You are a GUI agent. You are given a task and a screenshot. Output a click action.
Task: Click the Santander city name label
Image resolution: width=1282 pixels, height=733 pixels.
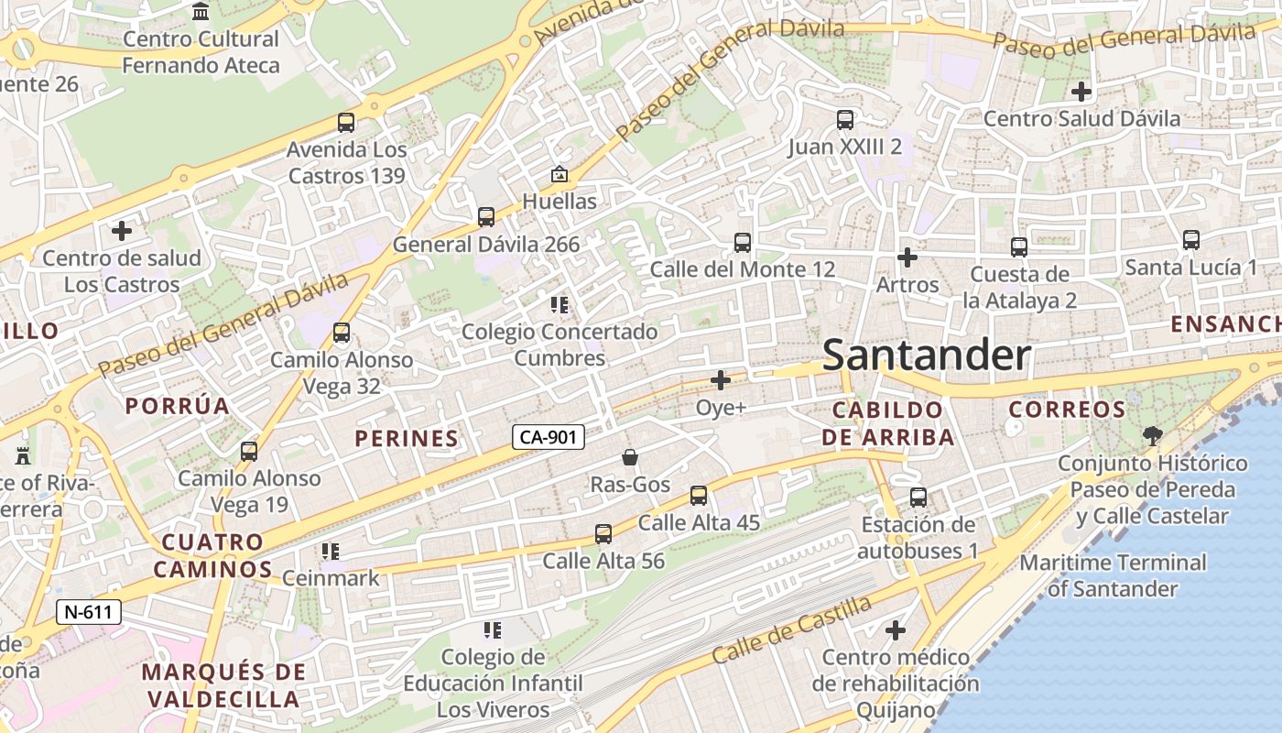click(926, 356)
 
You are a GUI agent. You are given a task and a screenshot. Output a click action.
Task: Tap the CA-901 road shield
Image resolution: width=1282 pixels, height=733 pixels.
click(548, 437)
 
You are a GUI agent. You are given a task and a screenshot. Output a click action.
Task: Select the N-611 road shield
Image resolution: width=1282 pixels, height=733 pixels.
click(89, 611)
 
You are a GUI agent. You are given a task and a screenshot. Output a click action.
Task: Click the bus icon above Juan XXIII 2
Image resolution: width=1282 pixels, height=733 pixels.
click(845, 119)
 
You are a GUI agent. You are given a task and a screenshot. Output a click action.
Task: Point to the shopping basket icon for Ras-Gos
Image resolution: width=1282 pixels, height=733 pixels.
click(630, 456)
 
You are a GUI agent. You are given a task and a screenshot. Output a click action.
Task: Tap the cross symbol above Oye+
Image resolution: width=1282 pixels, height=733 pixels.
click(721, 379)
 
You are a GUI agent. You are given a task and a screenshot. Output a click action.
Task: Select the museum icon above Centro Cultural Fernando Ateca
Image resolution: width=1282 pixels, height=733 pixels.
click(201, 11)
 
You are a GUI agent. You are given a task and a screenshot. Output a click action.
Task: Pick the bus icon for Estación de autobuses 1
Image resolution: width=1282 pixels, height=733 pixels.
click(918, 498)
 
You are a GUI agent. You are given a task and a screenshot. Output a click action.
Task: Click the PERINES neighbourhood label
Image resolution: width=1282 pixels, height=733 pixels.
click(407, 439)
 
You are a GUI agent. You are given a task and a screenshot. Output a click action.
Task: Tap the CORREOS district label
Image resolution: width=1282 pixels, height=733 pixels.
click(1067, 409)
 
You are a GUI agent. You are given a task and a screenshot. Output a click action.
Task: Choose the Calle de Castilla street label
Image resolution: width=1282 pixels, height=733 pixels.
click(792, 630)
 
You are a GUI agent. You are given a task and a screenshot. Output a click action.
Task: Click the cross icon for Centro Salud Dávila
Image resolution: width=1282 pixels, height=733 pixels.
click(1081, 91)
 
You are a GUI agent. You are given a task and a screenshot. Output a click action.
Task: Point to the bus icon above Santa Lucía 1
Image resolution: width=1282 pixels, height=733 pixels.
click(1190, 240)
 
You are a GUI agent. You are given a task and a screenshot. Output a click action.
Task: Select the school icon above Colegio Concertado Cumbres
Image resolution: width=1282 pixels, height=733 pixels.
click(560, 304)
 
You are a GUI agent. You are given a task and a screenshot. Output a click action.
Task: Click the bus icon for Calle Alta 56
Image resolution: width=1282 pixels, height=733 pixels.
click(603, 533)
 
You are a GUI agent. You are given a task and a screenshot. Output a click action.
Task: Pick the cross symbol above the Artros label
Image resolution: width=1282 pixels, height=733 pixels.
click(907, 257)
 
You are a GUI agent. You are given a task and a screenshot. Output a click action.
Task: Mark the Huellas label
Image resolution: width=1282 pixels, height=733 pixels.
click(559, 201)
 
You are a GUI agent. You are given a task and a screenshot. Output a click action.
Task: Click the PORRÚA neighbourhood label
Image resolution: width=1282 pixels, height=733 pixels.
click(177, 406)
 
